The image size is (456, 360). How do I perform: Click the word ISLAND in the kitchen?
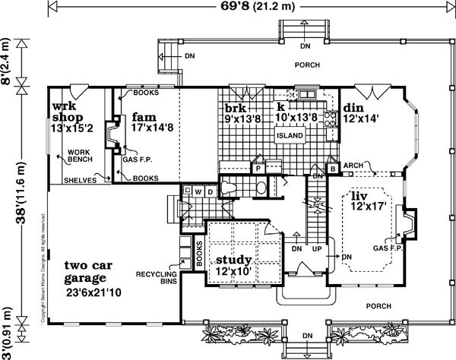290,136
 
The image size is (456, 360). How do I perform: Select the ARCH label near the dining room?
352,165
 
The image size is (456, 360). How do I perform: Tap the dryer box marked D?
205,191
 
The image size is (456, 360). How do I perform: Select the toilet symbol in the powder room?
260,187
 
